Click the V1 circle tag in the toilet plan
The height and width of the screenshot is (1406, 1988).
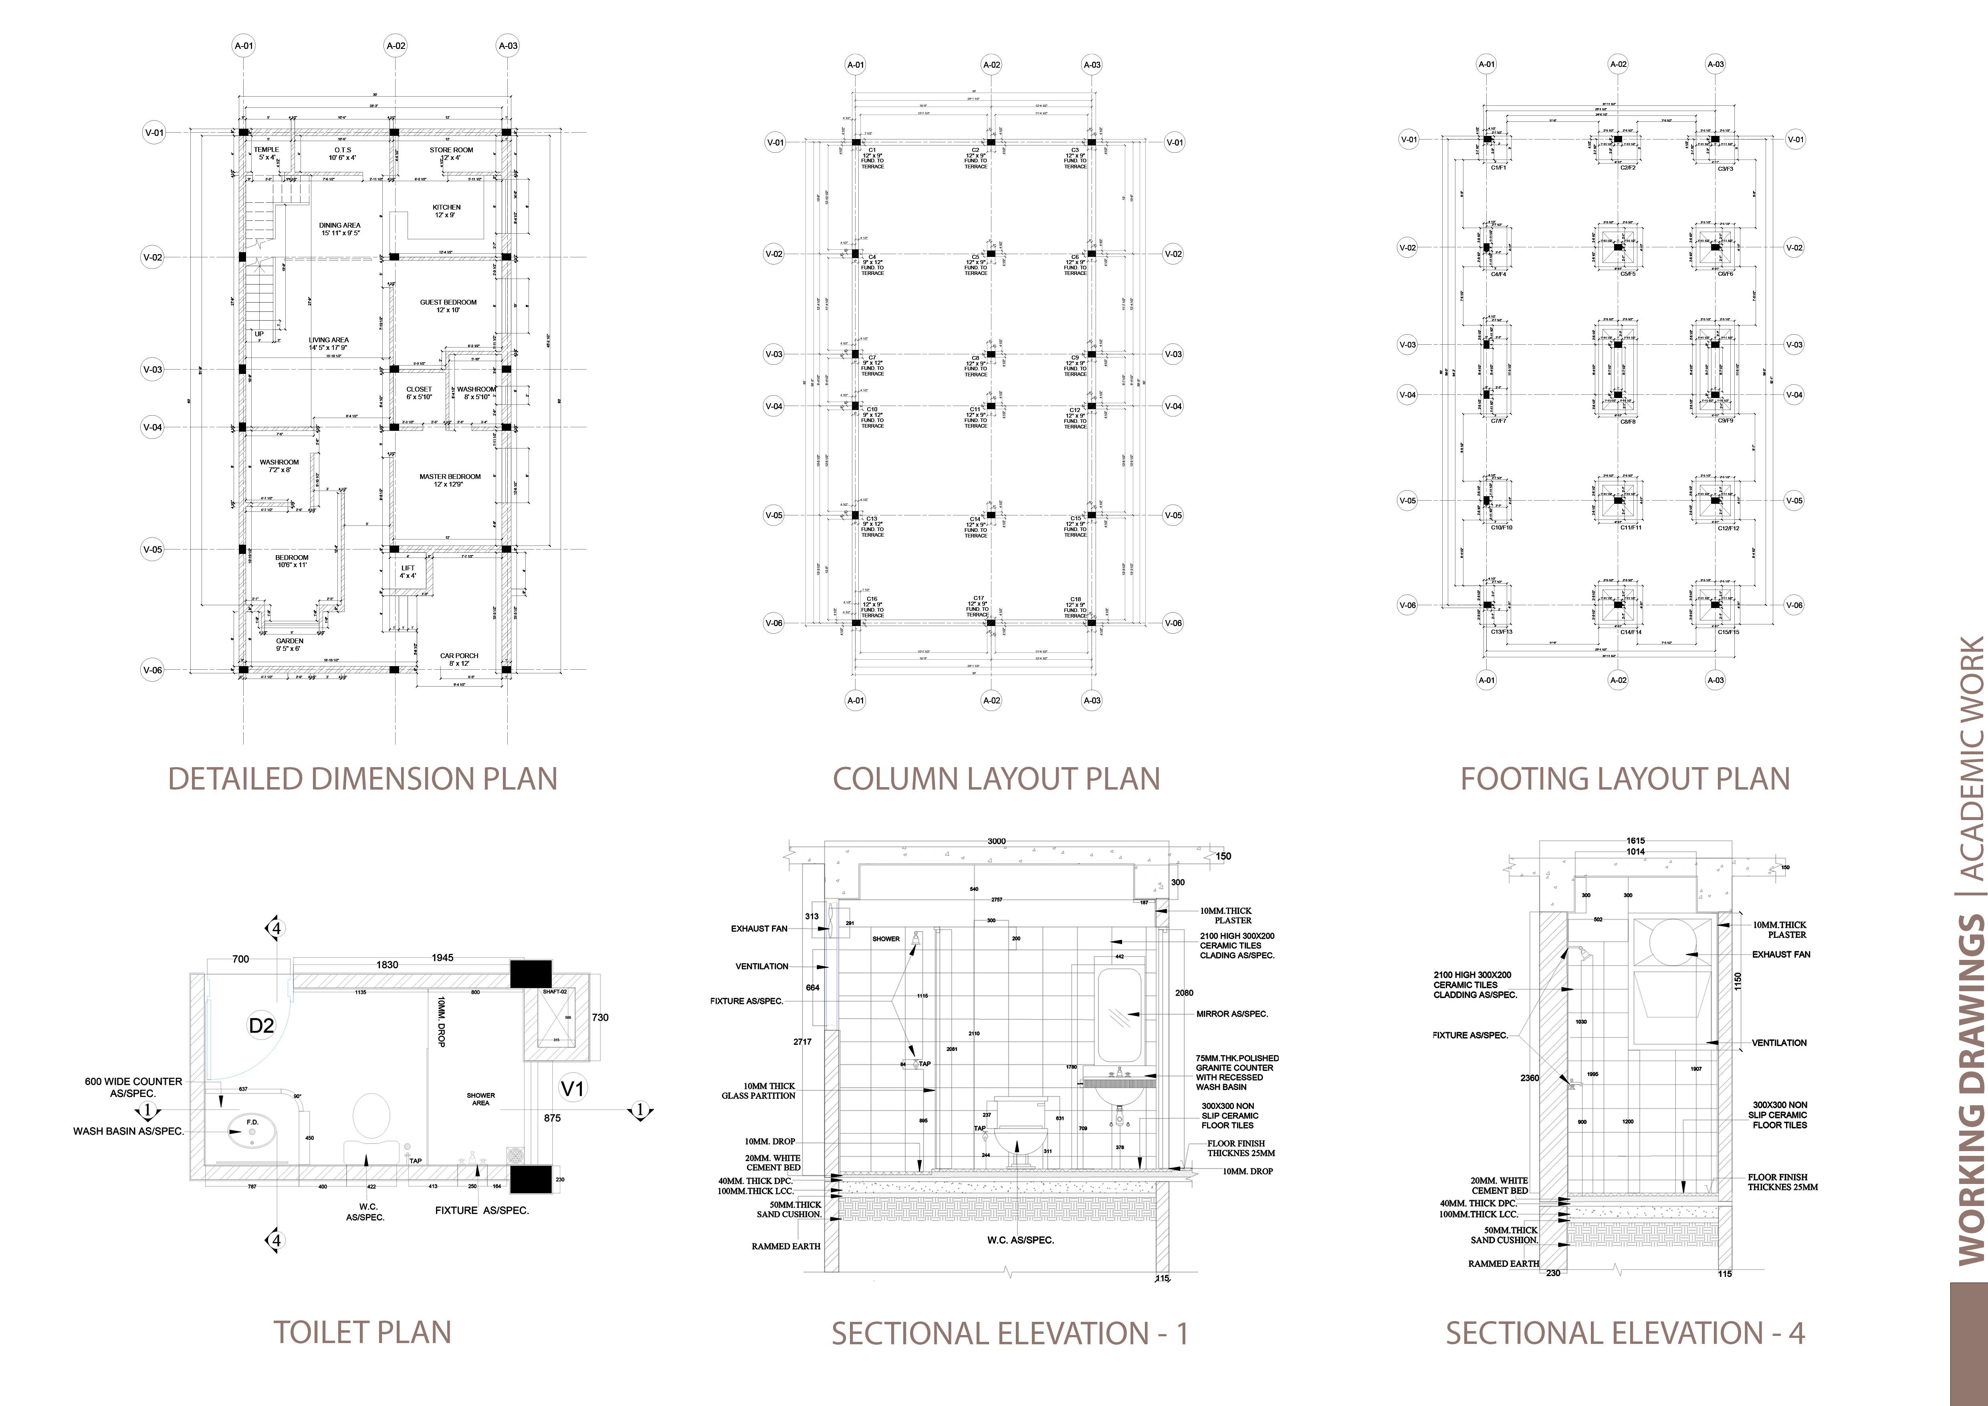(x=572, y=1087)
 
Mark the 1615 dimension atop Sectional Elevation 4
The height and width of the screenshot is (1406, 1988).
(x=1635, y=840)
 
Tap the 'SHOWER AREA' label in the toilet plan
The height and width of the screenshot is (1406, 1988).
(x=480, y=1099)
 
